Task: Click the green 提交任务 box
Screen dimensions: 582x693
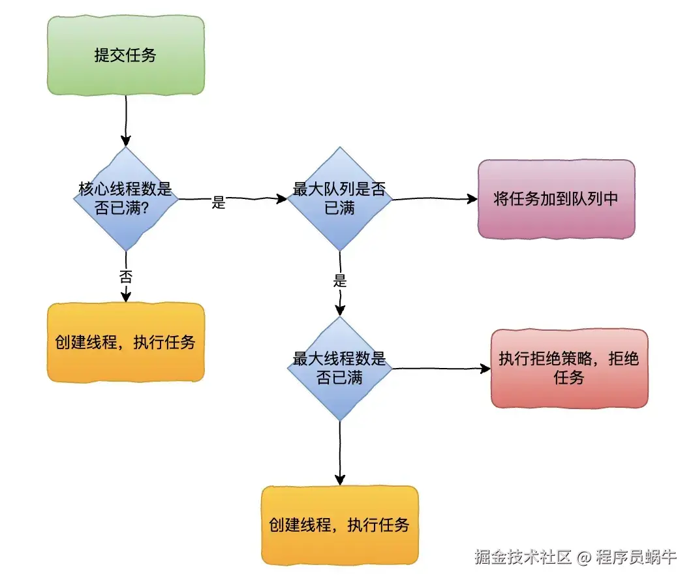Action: tap(125, 55)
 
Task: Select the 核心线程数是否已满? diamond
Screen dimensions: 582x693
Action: tap(125, 198)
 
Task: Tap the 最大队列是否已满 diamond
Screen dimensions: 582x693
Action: tap(339, 198)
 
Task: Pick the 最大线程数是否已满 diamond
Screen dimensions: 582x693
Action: tap(339, 369)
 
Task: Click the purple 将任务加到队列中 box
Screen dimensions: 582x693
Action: tap(556, 199)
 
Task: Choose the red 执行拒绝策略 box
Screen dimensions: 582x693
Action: tap(569, 369)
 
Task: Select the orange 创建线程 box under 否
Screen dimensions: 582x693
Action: tap(125, 343)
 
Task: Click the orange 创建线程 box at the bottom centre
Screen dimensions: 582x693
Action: tap(339, 525)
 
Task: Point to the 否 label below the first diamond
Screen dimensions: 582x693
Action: tap(125, 275)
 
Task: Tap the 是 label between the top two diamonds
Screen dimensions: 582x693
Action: tap(219, 203)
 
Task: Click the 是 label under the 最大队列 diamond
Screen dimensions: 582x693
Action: tap(339, 282)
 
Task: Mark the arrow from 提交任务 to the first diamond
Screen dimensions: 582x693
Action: tap(125, 121)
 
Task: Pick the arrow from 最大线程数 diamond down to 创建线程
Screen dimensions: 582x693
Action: tap(339, 453)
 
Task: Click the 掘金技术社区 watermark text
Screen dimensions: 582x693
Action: tap(523, 557)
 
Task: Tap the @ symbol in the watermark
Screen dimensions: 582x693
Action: tap(584, 557)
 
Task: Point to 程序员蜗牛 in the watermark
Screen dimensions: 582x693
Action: tap(636, 557)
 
